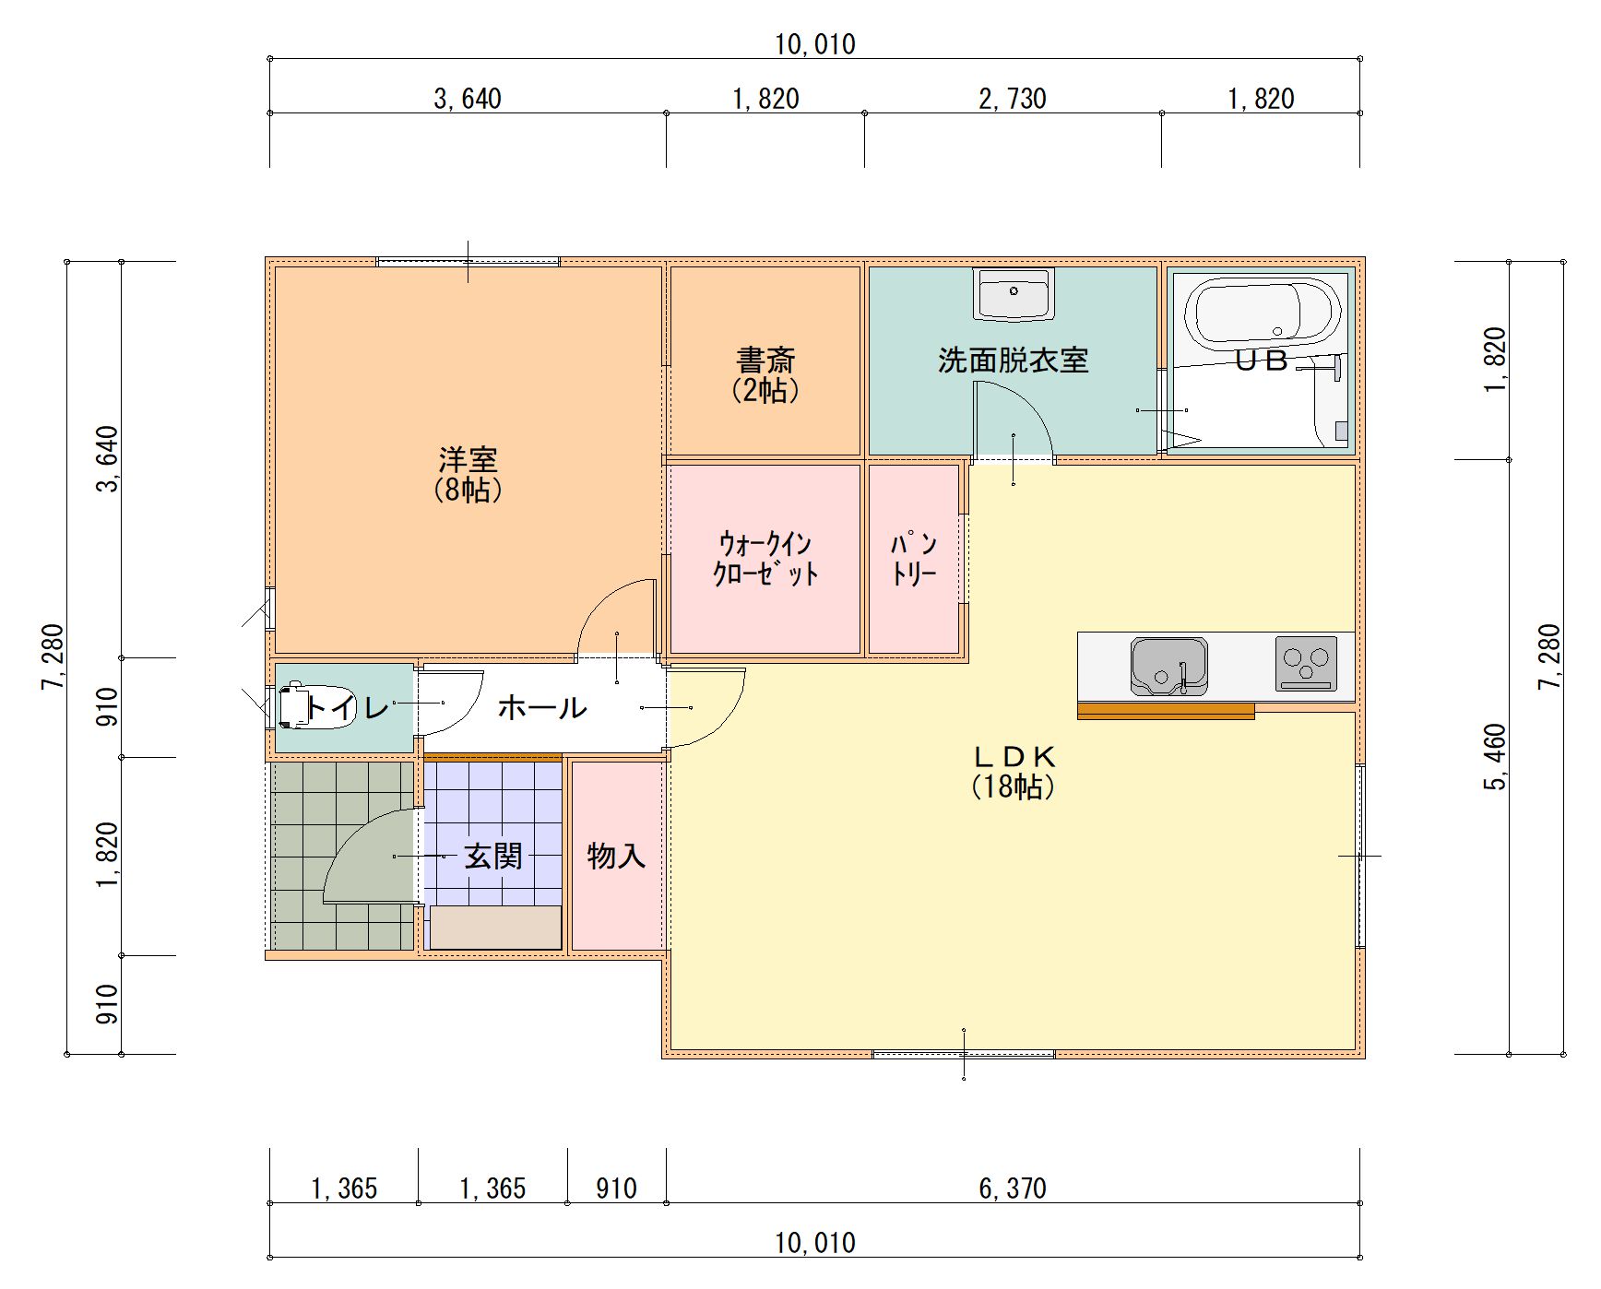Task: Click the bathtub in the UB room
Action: pyautogui.click(x=1262, y=313)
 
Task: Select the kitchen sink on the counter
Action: pyautogui.click(x=1168, y=665)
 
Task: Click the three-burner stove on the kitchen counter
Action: pyautogui.click(x=1306, y=663)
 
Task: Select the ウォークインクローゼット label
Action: pyautogui.click(x=765, y=558)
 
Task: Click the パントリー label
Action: pyautogui.click(x=913, y=559)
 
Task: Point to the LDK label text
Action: pyautogui.click(x=1013, y=758)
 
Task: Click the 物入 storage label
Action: pyautogui.click(x=615, y=856)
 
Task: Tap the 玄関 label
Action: pyautogui.click(x=492, y=857)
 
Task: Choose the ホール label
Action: pyautogui.click(x=541, y=708)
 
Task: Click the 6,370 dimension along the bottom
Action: pyautogui.click(x=1012, y=1188)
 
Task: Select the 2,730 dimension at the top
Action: pyautogui.click(x=1012, y=99)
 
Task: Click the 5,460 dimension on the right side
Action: pyautogui.click(x=1495, y=756)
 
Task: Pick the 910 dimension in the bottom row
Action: pyautogui.click(x=615, y=1188)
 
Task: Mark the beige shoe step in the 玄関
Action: pyautogui.click(x=495, y=927)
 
